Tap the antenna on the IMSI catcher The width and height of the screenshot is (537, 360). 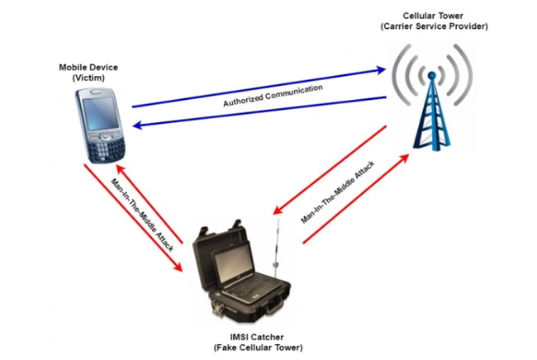point(278,239)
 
